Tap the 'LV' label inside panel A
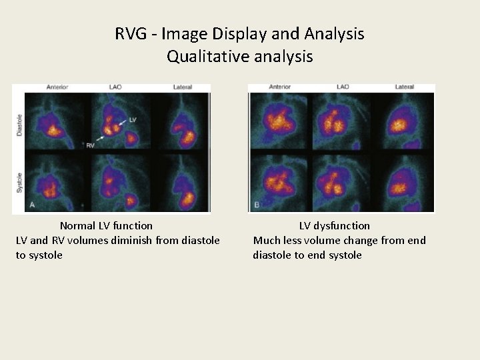(132, 120)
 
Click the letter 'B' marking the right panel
(256, 205)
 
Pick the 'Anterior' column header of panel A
(57, 87)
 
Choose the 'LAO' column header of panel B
(343, 87)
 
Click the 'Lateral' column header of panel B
(404, 87)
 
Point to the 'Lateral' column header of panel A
(182, 87)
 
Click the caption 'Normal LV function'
(106, 226)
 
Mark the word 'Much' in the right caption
(268, 241)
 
